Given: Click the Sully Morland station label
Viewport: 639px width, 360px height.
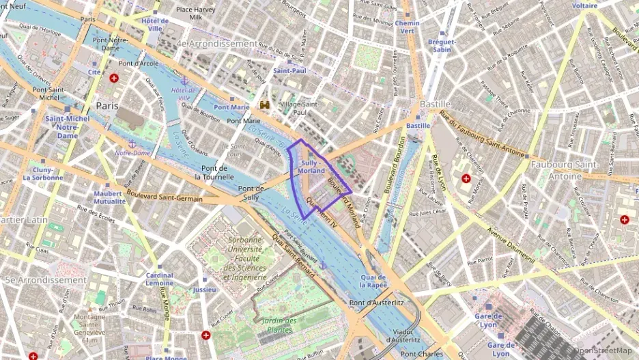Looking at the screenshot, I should (x=311, y=167).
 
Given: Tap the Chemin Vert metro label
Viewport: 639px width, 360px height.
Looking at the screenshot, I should (x=408, y=27).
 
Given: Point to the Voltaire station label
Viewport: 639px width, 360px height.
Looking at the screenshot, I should (x=585, y=5).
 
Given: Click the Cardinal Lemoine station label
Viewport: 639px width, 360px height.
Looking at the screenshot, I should (x=159, y=279).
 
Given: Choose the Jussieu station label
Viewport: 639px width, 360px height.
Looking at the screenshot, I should (x=204, y=290).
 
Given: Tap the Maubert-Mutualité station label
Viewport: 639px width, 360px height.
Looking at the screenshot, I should (x=109, y=197).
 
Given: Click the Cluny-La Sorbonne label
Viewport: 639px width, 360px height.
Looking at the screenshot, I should (x=42, y=174).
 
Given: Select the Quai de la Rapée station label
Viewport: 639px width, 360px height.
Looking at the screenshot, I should (x=373, y=280).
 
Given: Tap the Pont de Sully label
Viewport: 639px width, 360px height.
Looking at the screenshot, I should (x=250, y=193).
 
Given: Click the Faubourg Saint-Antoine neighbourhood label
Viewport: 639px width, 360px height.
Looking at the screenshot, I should (x=564, y=169).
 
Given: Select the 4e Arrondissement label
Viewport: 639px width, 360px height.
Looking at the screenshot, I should (x=216, y=44).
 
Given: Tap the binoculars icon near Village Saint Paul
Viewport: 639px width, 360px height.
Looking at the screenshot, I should (x=265, y=105).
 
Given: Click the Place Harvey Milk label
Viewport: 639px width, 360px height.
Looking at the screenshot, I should (x=196, y=13).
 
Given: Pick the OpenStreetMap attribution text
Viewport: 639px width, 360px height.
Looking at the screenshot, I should (x=601, y=350).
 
